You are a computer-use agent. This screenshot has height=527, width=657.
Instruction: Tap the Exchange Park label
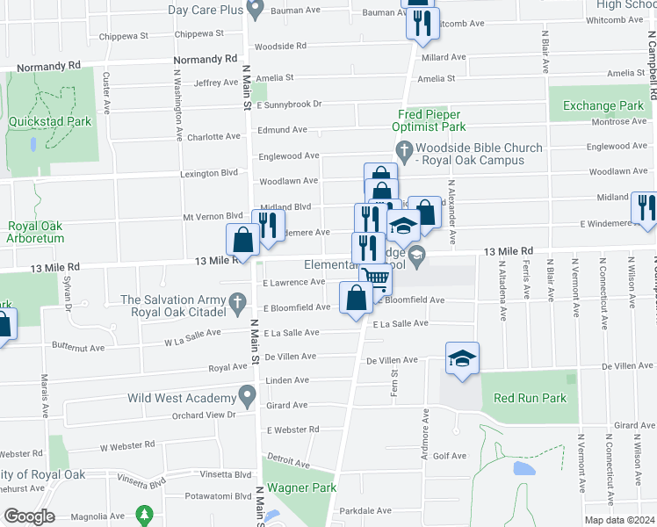603,106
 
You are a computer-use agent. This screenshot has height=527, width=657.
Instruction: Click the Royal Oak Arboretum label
35,231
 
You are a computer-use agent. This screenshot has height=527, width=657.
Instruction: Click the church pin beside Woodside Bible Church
404,154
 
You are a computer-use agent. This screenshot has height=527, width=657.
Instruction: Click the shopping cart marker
375,279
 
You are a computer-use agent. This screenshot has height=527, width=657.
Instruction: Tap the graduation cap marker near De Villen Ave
462,358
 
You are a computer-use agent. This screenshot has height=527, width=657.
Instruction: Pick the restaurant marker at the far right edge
644,207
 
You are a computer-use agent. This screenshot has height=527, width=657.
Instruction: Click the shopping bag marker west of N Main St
242,239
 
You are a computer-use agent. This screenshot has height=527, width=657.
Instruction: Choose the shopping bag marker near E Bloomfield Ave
356,298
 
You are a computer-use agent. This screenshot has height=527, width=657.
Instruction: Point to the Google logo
29,516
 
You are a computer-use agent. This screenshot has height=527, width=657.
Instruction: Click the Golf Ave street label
450,456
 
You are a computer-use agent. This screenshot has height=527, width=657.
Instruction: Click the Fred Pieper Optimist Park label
430,120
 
